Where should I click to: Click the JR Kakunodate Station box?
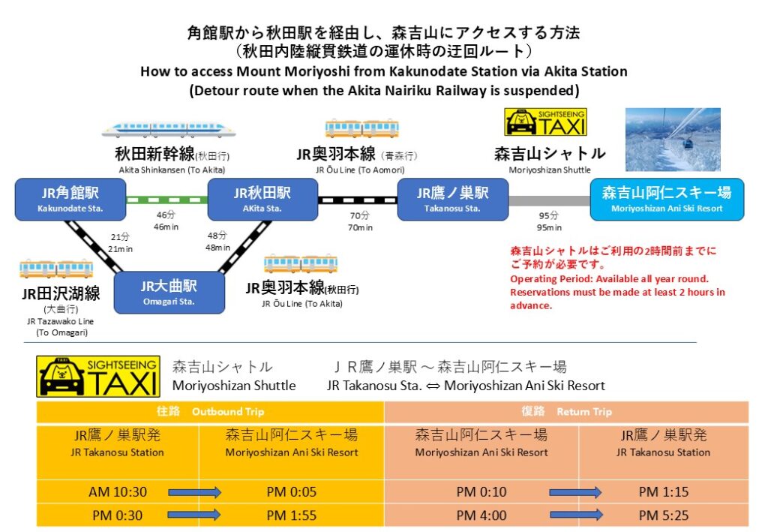click(70, 200)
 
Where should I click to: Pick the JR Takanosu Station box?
click(452, 200)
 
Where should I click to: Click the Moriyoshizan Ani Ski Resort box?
click(667, 200)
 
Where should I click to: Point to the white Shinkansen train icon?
click(168, 130)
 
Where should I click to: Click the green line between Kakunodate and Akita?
click(166, 200)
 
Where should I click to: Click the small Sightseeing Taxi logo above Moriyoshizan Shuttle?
click(545, 122)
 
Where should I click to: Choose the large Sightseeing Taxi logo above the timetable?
click(98, 376)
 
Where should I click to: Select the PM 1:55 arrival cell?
click(292, 515)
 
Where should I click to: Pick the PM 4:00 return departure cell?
click(481, 515)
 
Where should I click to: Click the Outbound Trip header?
click(210, 412)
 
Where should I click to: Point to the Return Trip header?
click(566, 412)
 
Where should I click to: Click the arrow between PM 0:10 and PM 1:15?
click(575, 493)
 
